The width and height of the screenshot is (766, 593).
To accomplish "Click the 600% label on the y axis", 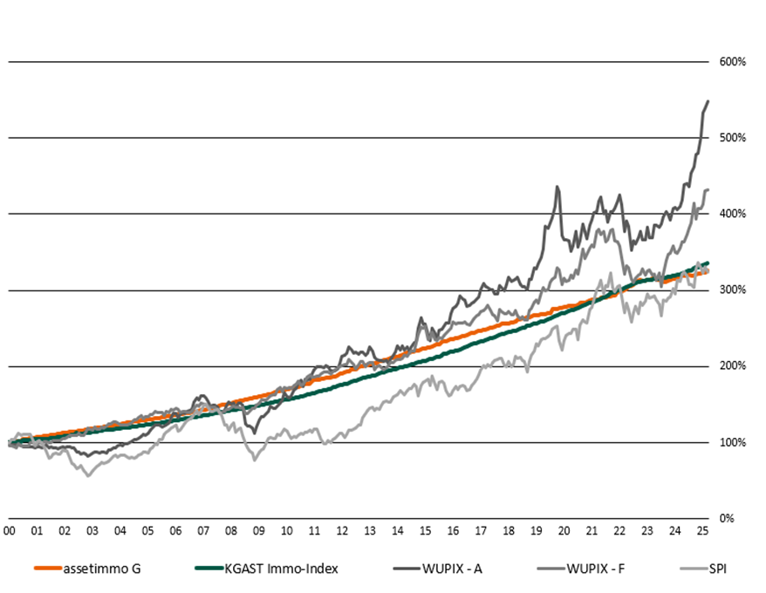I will click(731, 62).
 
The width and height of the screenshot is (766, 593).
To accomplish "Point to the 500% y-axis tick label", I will click(731, 138).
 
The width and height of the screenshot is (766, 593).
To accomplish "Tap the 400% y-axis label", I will click(731, 214).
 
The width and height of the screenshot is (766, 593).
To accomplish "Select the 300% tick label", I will click(731, 290).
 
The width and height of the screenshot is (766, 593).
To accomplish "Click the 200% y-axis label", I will click(731, 366).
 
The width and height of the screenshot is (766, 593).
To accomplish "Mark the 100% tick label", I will click(731, 442).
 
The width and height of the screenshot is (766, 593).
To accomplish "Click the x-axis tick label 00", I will click(10, 530).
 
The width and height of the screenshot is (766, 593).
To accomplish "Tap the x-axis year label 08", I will click(231, 530).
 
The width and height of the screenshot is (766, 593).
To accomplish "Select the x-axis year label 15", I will click(425, 530).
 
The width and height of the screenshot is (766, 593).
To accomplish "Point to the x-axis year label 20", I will click(564, 530).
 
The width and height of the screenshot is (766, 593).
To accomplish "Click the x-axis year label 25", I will click(702, 530).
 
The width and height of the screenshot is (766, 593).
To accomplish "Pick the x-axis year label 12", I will click(342, 530).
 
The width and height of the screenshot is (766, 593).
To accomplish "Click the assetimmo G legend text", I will click(101, 569).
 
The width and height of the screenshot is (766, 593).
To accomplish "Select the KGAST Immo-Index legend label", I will click(281, 569).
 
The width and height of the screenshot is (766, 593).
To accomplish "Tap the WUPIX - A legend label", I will click(454, 569).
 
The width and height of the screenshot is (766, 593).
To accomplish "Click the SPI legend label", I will click(717, 569).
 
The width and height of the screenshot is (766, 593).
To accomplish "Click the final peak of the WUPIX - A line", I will click(708, 101).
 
